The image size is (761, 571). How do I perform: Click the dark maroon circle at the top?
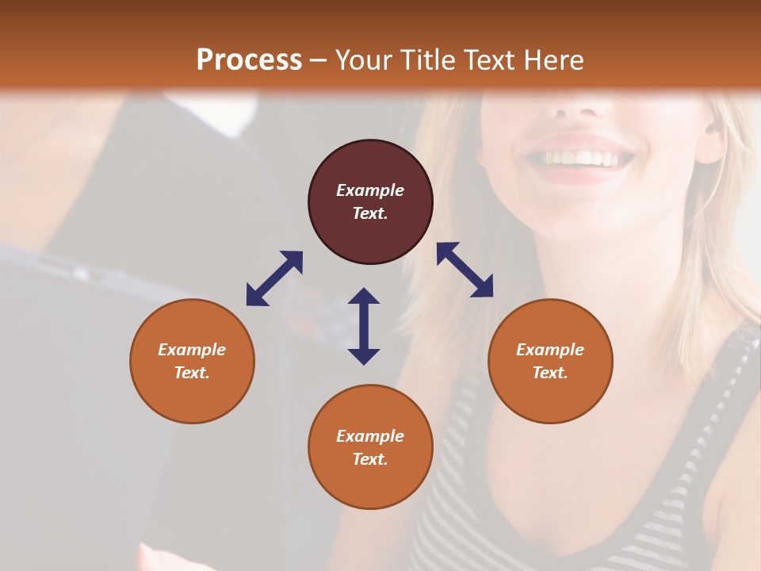370,202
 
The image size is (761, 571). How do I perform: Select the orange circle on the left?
192,361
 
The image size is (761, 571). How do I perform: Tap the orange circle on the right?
550,361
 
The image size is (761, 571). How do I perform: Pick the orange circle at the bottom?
370,447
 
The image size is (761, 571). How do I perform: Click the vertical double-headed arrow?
364,326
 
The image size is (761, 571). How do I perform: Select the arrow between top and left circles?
274,278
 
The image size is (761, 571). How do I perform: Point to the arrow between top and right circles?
465,270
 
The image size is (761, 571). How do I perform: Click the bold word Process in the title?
249,59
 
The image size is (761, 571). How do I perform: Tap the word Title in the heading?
428,59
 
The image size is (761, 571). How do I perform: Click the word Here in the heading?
555,59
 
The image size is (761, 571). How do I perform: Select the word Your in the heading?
365,59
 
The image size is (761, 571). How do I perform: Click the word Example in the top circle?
370,190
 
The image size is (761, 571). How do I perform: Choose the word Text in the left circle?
192,373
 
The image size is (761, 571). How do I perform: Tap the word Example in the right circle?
550,350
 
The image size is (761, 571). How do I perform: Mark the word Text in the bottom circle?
369,459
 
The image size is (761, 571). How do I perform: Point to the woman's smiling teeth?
583,158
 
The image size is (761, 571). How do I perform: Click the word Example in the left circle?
192,350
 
